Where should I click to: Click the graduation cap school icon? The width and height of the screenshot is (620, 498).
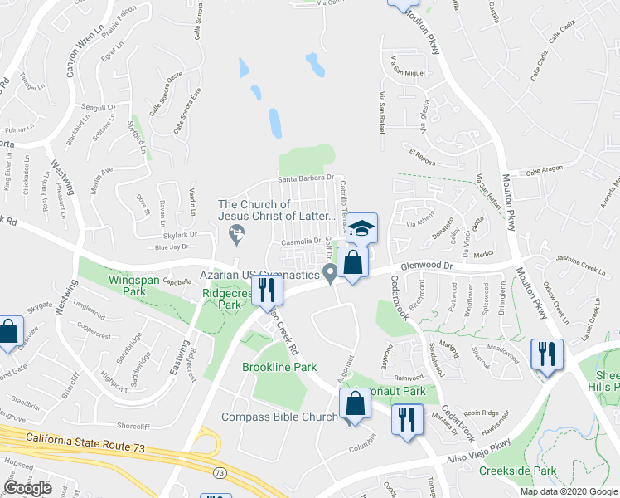pos(361,227)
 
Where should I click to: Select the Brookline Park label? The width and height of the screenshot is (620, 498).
pos(279,367)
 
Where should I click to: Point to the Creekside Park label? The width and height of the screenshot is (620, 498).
pos(516,471)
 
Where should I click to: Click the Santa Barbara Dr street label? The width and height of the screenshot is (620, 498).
pos(304,178)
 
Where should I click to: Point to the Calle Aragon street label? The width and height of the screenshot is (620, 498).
pos(545,171)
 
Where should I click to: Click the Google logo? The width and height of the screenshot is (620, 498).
pos(27,488)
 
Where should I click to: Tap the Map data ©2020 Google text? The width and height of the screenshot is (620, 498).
pos(568,491)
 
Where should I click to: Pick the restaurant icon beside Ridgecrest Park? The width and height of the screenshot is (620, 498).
pos(266,289)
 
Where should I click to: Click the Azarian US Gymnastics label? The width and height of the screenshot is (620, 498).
pos(259,274)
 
